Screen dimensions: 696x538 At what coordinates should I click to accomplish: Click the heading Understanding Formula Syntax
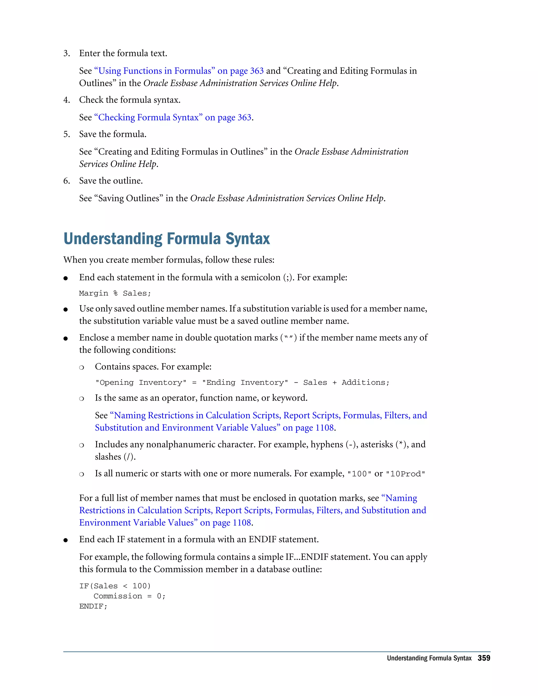point(167,239)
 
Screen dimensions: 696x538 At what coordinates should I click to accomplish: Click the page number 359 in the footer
point(484,658)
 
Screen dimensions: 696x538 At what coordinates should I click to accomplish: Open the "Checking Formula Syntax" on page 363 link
point(173,118)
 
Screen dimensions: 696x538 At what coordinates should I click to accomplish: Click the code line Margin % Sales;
point(115,293)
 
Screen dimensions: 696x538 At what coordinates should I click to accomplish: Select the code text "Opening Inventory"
point(141,382)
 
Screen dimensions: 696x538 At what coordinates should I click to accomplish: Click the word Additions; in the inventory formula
point(365,382)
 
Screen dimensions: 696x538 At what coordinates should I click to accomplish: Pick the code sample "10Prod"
point(405,474)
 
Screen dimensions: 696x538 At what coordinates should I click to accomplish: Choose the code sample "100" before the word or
point(359,474)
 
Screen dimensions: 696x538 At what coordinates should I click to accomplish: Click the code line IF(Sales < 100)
point(115,586)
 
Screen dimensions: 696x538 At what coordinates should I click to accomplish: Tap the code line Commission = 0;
point(130,596)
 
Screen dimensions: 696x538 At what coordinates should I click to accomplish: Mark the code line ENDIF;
point(93,606)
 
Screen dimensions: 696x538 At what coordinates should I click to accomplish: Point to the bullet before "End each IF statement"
point(66,540)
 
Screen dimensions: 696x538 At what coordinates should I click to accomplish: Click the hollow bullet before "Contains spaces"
point(82,367)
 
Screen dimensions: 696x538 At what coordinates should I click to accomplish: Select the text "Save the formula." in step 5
point(113,134)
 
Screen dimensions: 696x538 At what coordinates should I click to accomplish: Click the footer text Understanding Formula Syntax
point(429,658)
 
